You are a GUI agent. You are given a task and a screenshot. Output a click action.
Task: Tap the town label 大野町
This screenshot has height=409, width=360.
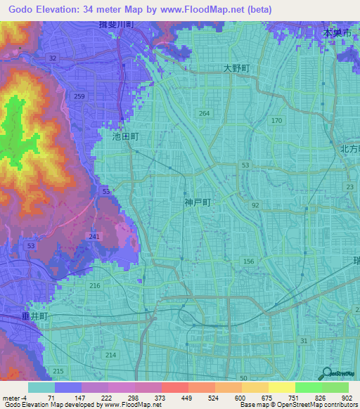pyautogui.click(x=237, y=68)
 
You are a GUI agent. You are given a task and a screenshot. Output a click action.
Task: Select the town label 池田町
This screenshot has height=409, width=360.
pyautogui.click(x=126, y=137)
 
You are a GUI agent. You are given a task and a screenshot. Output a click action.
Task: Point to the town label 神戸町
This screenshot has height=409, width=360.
pyautogui.click(x=198, y=202)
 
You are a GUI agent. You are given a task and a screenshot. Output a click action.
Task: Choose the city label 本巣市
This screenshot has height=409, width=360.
pyautogui.click(x=336, y=33)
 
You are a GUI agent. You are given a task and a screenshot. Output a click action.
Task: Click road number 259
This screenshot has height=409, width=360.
pyautogui.click(x=79, y=97)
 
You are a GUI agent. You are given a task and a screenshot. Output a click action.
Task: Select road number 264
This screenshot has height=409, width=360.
pyautogui.click(x=204, y=113)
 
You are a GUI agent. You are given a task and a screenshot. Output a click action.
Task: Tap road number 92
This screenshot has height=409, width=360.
pyautogui.click(x=255, y=205)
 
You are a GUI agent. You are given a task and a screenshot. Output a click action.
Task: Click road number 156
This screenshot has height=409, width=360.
pyautogui.click(x=248, y=261)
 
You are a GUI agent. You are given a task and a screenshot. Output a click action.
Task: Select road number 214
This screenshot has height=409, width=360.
pyautogui.click(x=110, y=356)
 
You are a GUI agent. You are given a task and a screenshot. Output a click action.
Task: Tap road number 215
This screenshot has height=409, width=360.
pyautogui.click(x=58, y=371)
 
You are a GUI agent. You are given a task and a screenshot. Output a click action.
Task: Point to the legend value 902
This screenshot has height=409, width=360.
pyautogui.click(x=346, y=398)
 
